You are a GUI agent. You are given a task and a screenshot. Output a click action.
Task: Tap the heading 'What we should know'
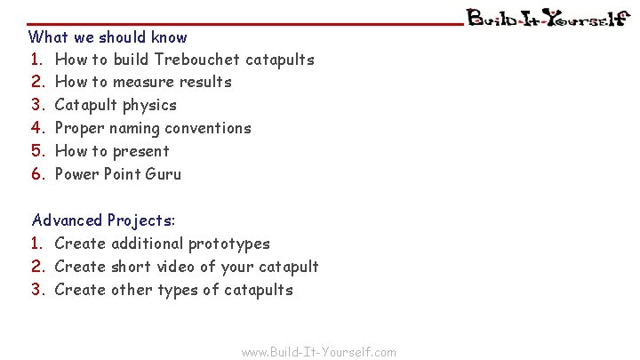pyautogui.click(x=108, y=37)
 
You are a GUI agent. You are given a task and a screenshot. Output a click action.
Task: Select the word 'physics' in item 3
pyautogui.click(x=150, y=105)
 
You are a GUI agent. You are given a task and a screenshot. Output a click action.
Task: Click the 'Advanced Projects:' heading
pyautogui.click(x=104, y=220)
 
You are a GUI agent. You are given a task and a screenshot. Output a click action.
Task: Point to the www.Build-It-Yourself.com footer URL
pyautogui.click(x=319, y=352)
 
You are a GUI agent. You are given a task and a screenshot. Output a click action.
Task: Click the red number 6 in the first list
pyautogui.click(x=37, y=174)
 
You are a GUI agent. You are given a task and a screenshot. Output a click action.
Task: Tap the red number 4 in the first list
pyautogui.click(x=37, y=128)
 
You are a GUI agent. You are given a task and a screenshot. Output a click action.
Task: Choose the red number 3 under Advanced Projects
pyautogui.click(x=37, y=290)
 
